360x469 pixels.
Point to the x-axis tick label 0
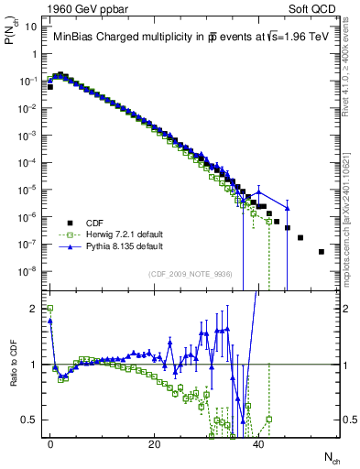tap(50, 442)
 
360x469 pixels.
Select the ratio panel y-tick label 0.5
tap(29, 420)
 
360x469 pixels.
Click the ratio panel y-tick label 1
tap(33, 365)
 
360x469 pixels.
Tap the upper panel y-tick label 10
tap(29, 27)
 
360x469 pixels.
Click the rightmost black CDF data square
tap(321, 251)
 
